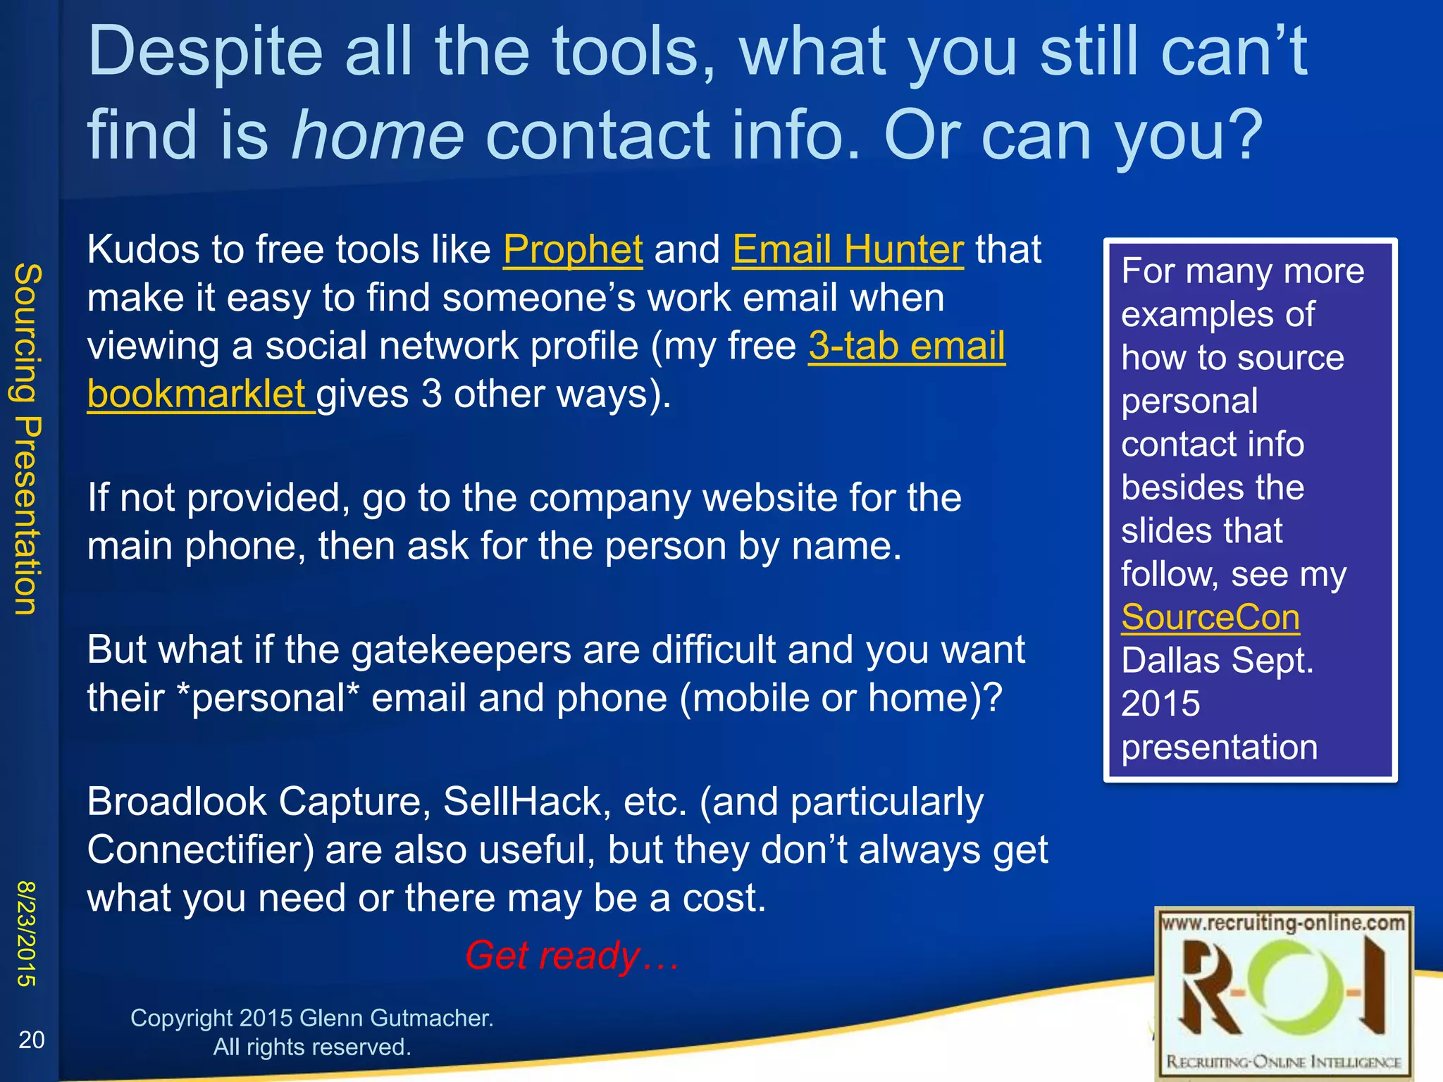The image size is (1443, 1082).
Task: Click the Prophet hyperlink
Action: pos(572,250)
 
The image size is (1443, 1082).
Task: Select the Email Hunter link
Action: pos(847,250)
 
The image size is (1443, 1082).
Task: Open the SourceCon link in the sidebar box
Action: pos(1210,618)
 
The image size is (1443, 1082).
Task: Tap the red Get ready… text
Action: pos(571,956)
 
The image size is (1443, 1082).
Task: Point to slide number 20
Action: pos(31,1040)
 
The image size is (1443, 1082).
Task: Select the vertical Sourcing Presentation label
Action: pos(28,439)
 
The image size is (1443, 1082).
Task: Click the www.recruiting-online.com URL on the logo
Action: pos(1283,923)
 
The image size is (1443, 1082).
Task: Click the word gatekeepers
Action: pos(461,650)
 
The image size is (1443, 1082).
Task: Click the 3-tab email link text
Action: pos(906,347)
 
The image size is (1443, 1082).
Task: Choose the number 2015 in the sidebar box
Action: pos(1160,704)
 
